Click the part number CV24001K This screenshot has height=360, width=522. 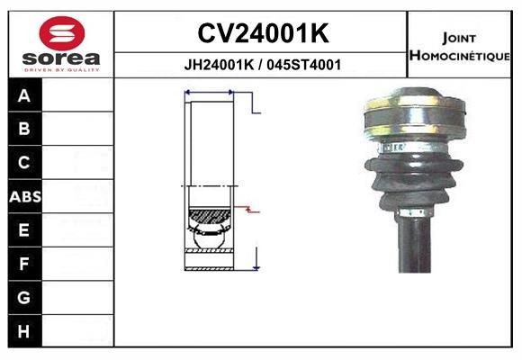[x=262, y=34]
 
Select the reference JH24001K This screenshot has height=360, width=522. [x=220, y=65]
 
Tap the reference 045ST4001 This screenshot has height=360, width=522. [x=304, y=65]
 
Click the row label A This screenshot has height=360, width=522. [x=24, y=95]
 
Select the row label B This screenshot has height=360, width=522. [x=24, y=129]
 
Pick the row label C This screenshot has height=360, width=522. [x=24, y=163]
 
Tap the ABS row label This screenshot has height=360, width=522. [x=24, y=196]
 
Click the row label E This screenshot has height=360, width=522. [x=24, y=230]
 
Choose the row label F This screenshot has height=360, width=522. [x=24, y=264]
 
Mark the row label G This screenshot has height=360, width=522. [x=24, y=298]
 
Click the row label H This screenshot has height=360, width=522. [x=24, y=331]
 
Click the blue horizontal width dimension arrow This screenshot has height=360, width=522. [x=209, y=92]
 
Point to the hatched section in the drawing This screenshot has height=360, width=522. [x=209, y=217]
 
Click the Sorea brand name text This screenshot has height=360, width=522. [x=59, y=59]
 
